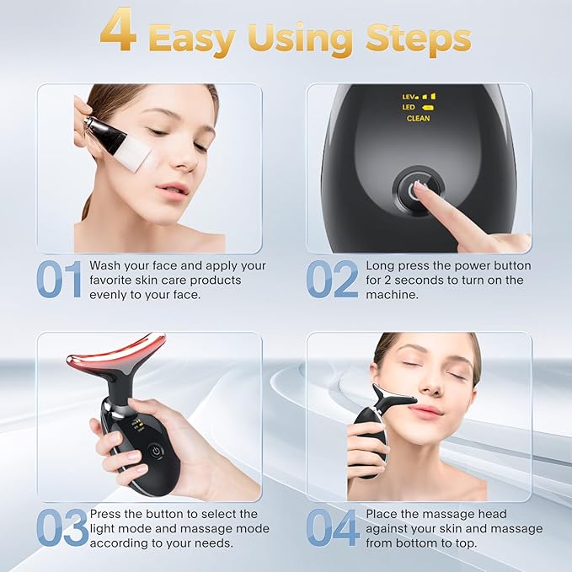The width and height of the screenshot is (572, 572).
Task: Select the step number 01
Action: click(x=60, y=279)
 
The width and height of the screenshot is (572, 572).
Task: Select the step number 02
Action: click(x=331, y=279)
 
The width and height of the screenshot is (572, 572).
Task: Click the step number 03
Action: click(x=61, y=527)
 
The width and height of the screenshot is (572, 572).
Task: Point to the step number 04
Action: click(x=332, y=527)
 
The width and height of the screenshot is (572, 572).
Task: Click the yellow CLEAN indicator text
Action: click(x=418, y=119)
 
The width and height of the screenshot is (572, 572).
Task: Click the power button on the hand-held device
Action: click(x=155, y=452)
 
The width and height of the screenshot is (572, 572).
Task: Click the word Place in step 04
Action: click(x=382, y=513)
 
